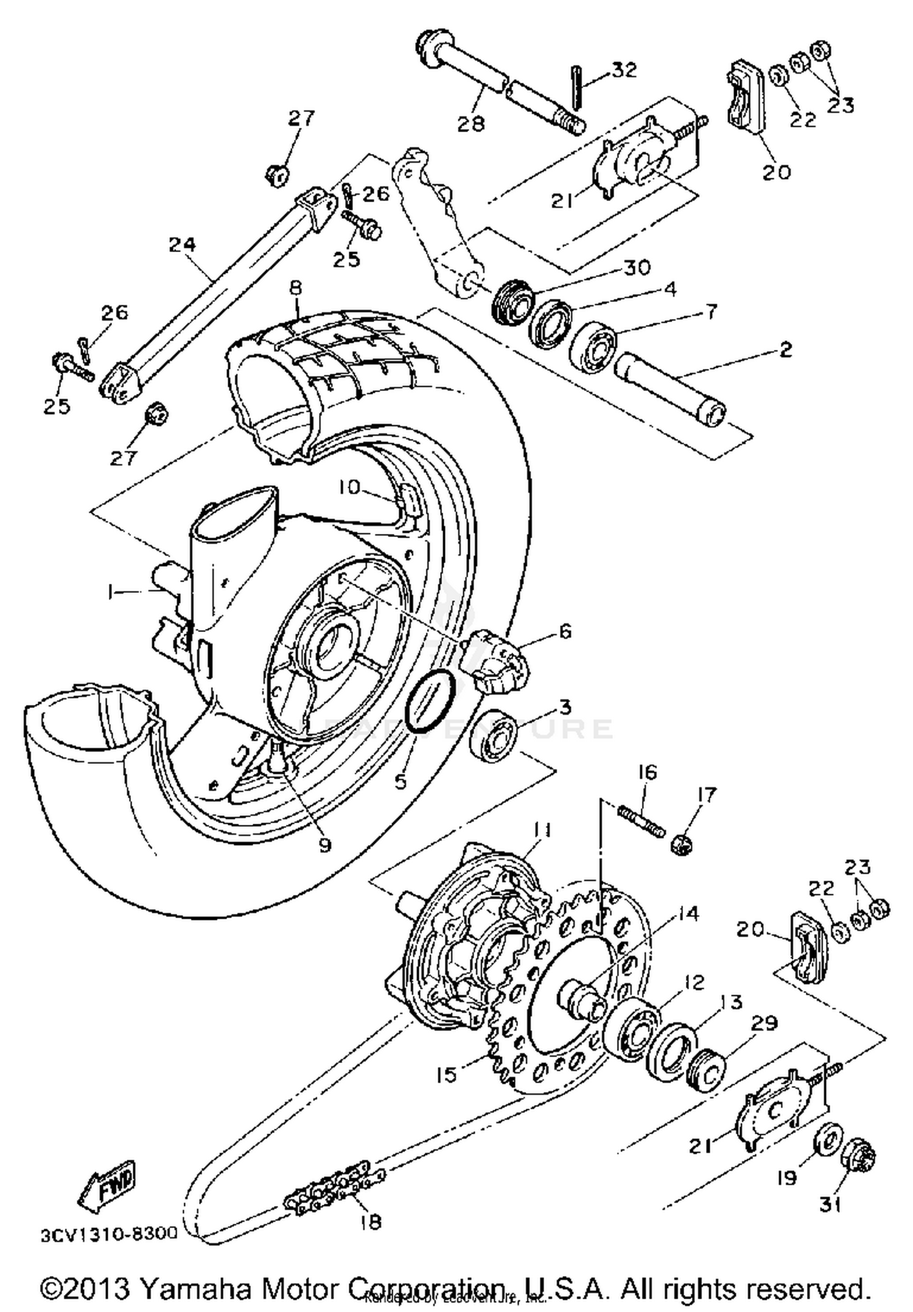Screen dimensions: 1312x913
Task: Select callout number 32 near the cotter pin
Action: click(624, 70)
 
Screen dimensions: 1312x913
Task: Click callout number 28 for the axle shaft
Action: click(470, 124)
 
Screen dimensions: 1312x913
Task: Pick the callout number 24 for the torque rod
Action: click(182, 244)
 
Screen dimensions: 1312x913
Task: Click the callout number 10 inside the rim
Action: click(350, 487)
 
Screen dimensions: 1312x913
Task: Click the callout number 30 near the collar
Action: click(637, 267)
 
